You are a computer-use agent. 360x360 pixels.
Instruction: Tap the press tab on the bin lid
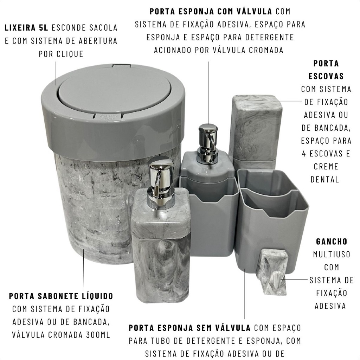[108, 116]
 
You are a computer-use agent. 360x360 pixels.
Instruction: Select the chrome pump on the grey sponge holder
[208, 143]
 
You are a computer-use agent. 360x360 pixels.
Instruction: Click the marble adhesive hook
[274, 272]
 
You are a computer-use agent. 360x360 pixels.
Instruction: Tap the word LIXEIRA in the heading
[20, 28]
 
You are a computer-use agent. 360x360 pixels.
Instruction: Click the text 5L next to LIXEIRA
[43, 28]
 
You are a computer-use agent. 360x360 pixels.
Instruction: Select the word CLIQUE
[70, 54]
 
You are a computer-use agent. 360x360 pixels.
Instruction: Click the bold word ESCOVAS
[326, 76]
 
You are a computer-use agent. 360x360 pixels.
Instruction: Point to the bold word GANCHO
[332, 242]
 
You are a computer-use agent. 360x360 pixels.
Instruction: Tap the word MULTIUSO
[332, 255]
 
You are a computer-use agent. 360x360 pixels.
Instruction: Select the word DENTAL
[324, 179]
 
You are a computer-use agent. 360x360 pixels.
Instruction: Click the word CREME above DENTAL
[326, 166]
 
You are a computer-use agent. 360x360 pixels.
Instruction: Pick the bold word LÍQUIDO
[97, 296]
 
